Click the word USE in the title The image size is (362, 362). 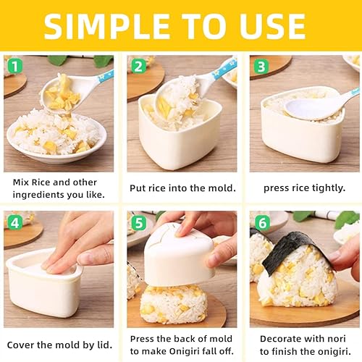[x=280, y=26]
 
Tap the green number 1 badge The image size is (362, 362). [x=13, y=65]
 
